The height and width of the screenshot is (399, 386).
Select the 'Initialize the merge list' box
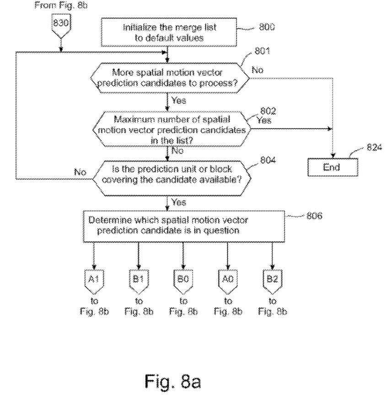click(169, 32)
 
